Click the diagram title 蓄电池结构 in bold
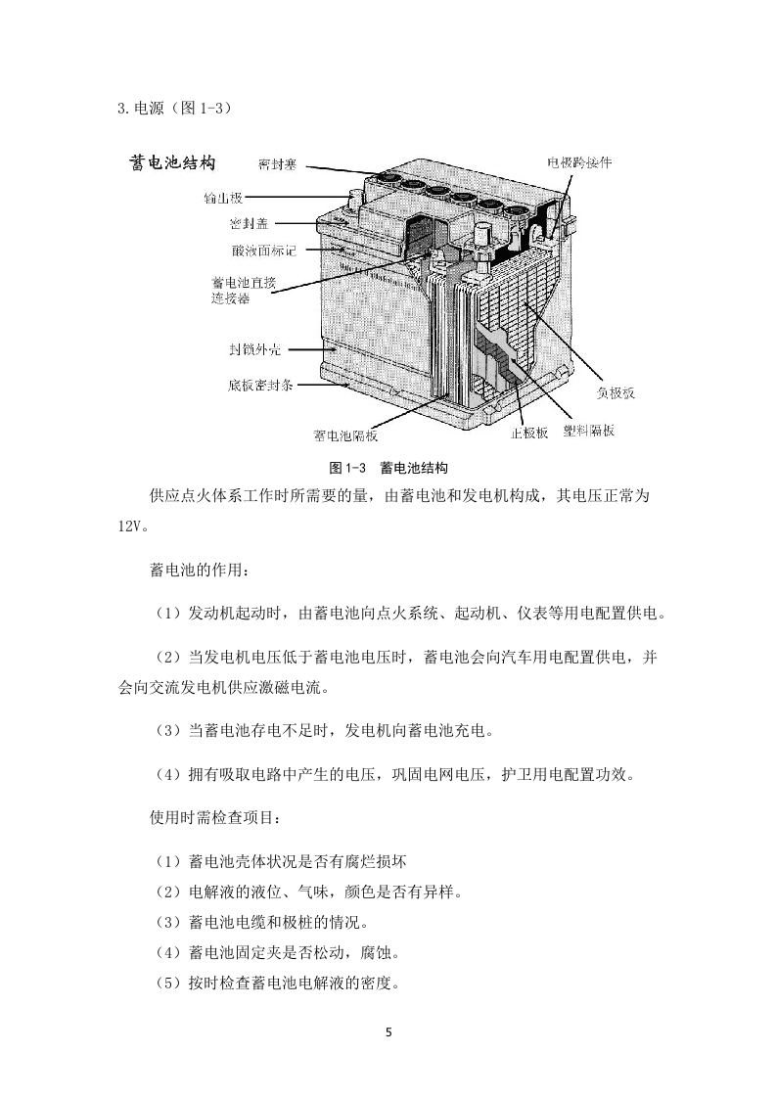(x=172, y=162)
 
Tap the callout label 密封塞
(x=277, y=164)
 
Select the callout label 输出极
(x=223, y=199)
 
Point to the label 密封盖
(x=249, y=224)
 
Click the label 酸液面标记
(x=264, y=250)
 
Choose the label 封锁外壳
(x=255, y=349)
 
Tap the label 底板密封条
(x=260, y=386)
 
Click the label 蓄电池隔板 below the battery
(x=345, y=435)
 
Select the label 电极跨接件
(x=579, y=162)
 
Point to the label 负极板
(x=616, y=392)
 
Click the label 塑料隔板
(x=589, y=431)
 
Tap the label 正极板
(x=529, y=433)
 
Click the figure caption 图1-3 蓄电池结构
(x=388, y=468)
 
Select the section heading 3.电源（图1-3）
(x=174, y=108)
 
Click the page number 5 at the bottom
(x=388, y=1032)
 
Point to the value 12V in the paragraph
(x=129, y=526)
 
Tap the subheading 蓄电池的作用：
(x=200, y=570)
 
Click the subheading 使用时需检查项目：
(x=215, y=817)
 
